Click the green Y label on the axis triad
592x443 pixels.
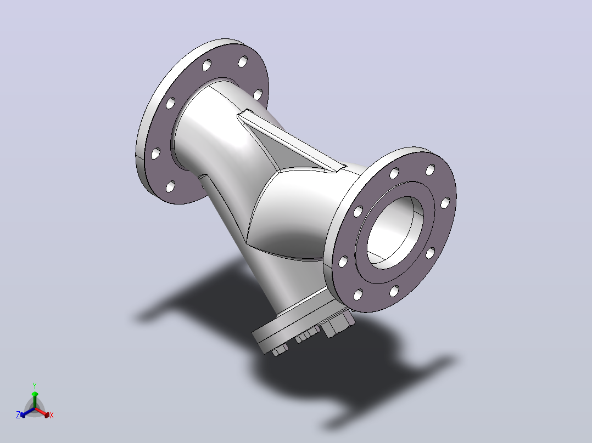point(35,385)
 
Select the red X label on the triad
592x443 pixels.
point(52,415)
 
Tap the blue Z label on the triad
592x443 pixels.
point(18,415)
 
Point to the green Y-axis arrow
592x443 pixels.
point(35,400)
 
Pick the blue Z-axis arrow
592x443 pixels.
point(27,412)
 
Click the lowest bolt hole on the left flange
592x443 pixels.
point(171,186)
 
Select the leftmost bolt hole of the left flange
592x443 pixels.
point(155,154)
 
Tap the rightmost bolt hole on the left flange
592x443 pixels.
point(258,94)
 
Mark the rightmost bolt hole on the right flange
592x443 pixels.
point(445,202)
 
